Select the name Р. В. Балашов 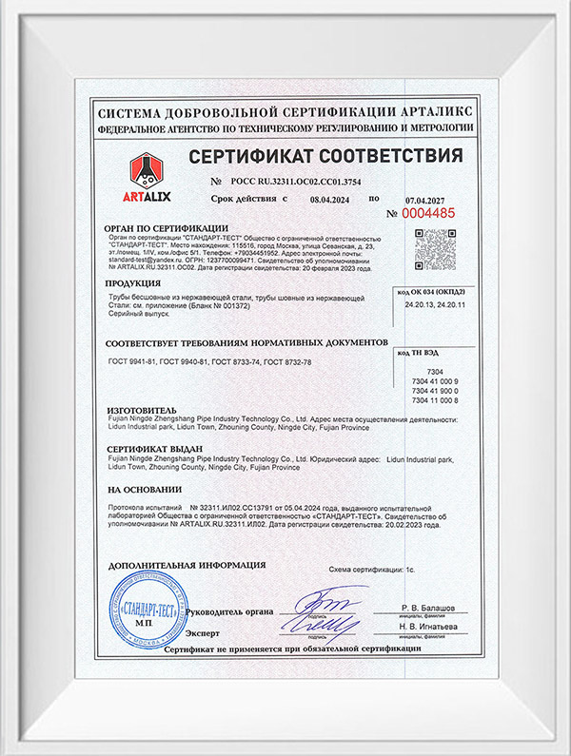429,606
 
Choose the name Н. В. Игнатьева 429,626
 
